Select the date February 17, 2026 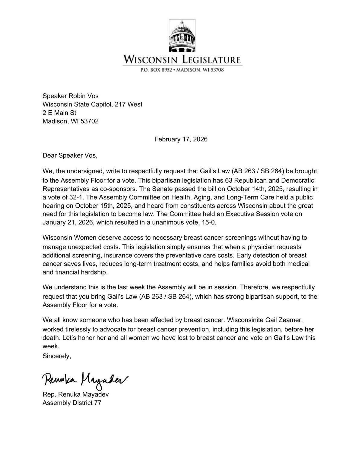(181, 139)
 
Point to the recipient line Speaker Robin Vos (71, 96)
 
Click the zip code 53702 (89, 121)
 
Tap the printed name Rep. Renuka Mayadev (75, 394)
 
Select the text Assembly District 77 (72, 403)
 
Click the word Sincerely (57, 356)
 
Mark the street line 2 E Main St (59, 113)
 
